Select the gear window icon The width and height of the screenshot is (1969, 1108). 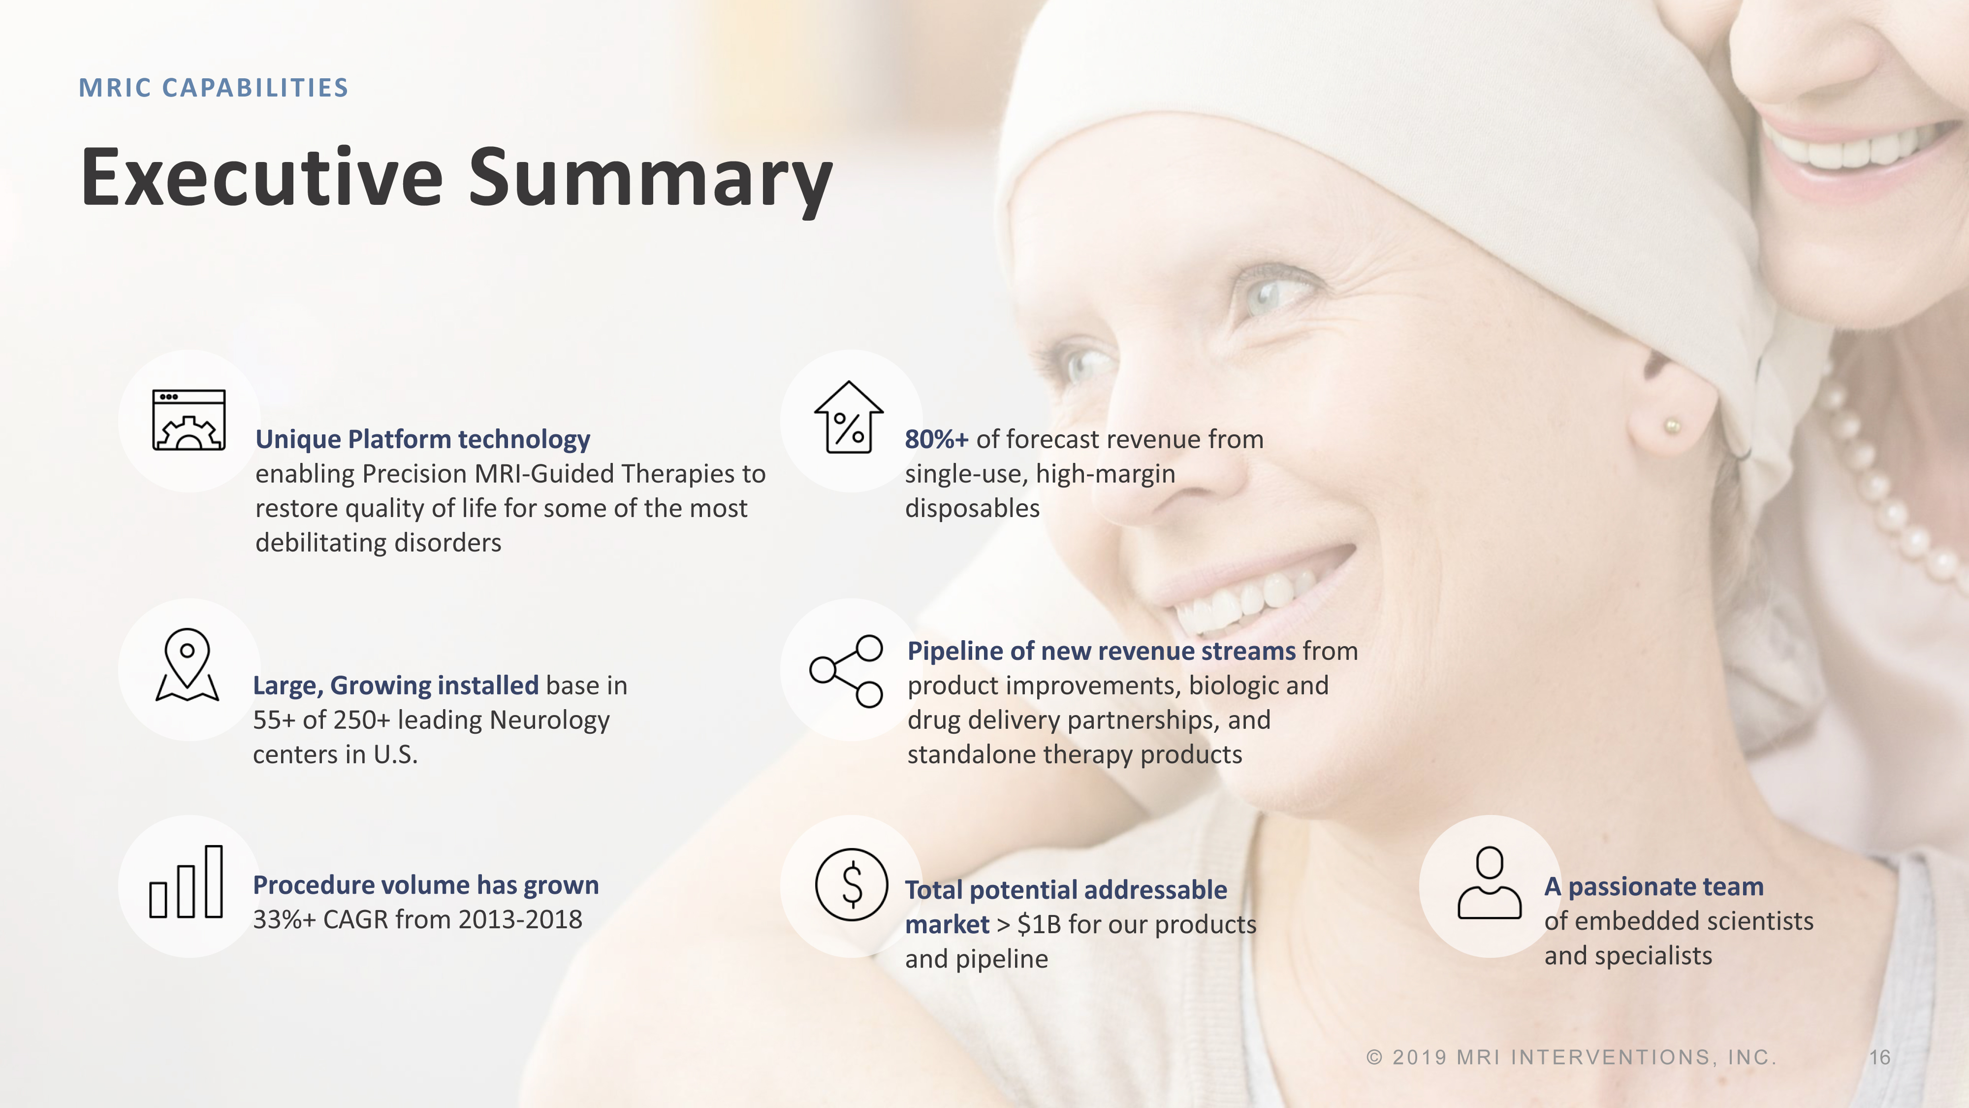pos(189,420)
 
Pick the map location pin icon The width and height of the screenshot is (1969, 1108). pos(187,664)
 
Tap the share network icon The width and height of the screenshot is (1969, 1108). pos(846,671)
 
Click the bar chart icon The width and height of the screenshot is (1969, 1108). pos(186,881)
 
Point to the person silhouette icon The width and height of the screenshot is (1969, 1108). pos(1489,882)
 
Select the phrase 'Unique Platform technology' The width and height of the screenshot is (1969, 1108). pos(423,440)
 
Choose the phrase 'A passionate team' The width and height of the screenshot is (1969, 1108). pos(1654,886)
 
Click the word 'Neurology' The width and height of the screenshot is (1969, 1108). pos(549,720)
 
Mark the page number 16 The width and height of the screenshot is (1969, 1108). pos(1879,1058)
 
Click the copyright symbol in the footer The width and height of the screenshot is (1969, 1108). pos(1374,1058)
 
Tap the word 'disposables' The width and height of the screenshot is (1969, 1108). pos(972,509)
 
